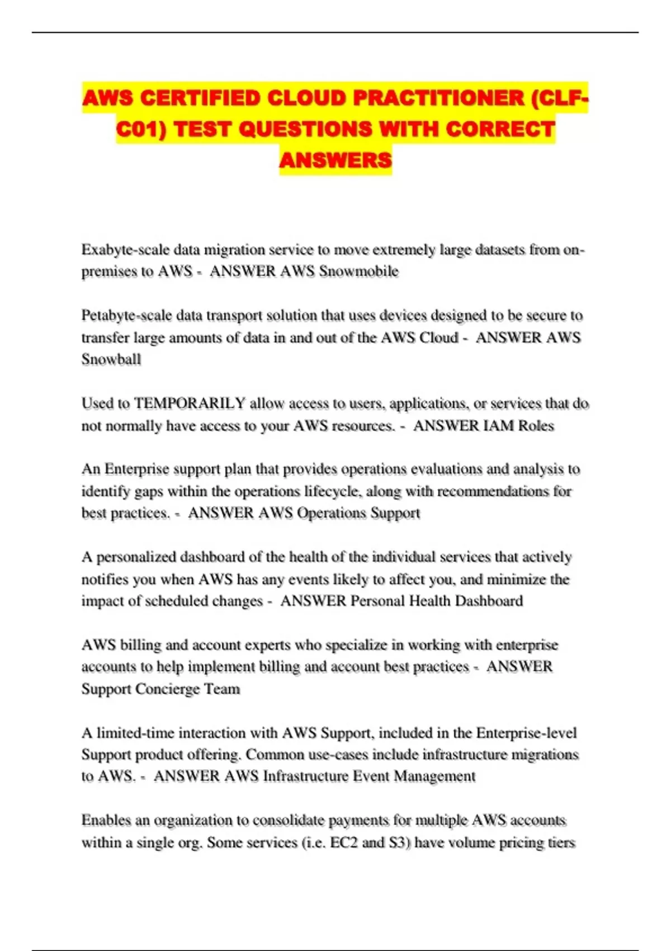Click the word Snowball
111,359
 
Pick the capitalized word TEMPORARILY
190,403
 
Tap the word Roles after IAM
536,426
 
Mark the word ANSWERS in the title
335,161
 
